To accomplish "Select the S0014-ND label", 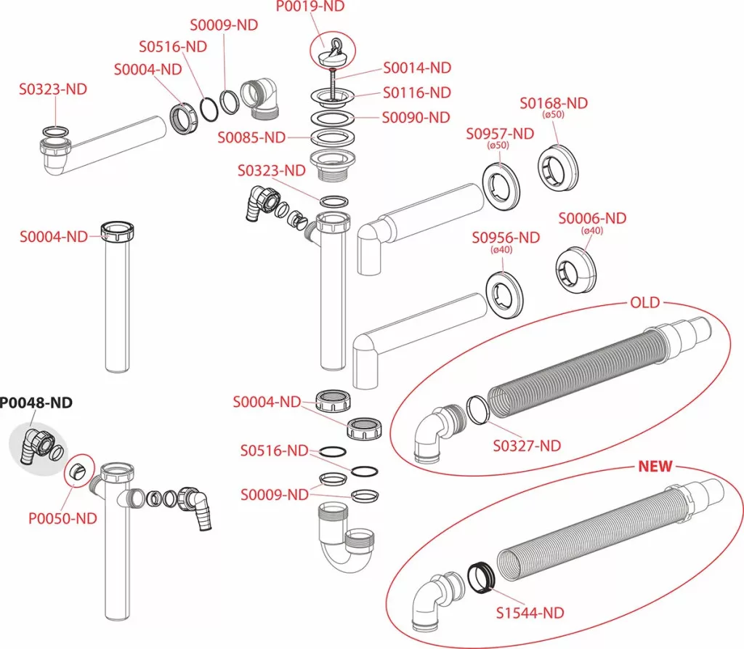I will [x=417, y=68].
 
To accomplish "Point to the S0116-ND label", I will [x=417, y=92].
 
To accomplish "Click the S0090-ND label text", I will [x=416, y=117].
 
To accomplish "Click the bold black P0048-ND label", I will [x=36, y=403].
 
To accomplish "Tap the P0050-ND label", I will [x=62, y=518].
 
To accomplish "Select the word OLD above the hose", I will [x=645, y=302].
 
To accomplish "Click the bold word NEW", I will [x=655, y=466].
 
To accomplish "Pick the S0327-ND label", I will [x=527, y=446].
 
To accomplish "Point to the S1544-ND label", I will [x=530, y=613].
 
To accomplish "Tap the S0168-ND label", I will [x=554, y=103].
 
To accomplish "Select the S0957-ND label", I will [x=499, y=133].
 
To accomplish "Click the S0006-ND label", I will [x=592, y=218].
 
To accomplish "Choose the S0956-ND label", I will [x=506, y=238].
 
